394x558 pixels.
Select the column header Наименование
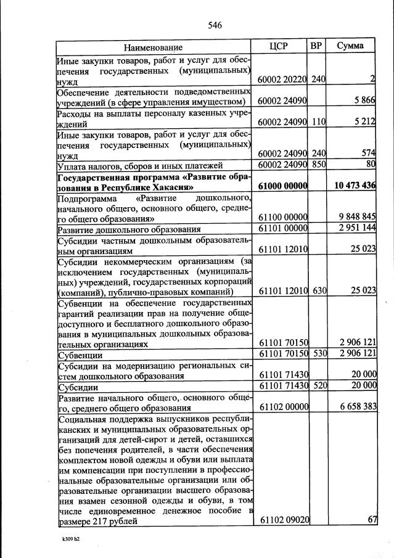(154, 47)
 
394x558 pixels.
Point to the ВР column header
(317, 46)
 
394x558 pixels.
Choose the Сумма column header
(350, 46)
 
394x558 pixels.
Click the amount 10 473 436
(351, 186)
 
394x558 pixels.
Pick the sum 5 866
(361, 101)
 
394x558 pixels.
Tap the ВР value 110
(318, 122)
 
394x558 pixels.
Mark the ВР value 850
(318, 165)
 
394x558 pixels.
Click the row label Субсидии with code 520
(76, 387)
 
